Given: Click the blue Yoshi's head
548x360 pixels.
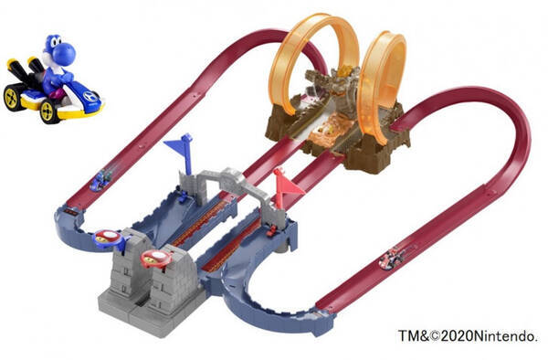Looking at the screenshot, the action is click(x=58, y=48).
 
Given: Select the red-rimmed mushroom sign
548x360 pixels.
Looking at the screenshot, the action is click(x=156, y=259).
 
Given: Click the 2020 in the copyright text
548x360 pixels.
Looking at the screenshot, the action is click(x=457, y=336).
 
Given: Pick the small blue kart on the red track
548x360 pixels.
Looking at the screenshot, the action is click(x=101, y=180).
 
